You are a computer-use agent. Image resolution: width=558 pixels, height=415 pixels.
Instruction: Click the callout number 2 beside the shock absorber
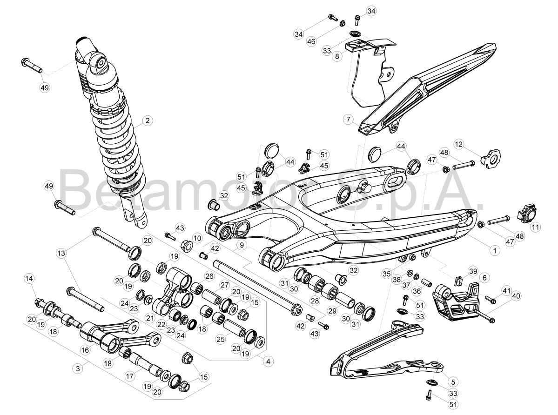click(x=148, y=120)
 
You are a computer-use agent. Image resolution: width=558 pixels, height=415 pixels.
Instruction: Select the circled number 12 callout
click(x=459, y=144)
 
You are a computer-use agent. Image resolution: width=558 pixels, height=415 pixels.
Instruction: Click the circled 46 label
click(x=311, y=41)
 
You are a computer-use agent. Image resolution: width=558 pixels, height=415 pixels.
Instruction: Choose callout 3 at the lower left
click(x=78, y=368)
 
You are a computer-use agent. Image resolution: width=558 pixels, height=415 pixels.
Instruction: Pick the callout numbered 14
click(x=29, y=279)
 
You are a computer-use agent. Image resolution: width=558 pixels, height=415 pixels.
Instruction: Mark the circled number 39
click(x=472, y=272)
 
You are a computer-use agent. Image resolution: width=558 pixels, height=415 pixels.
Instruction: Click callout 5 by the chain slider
click(x=453, y=382)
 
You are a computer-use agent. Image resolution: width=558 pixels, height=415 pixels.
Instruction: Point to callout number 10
click(x=197, y=238)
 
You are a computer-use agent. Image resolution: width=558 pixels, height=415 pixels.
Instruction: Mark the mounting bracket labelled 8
click(x=370, y=71)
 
